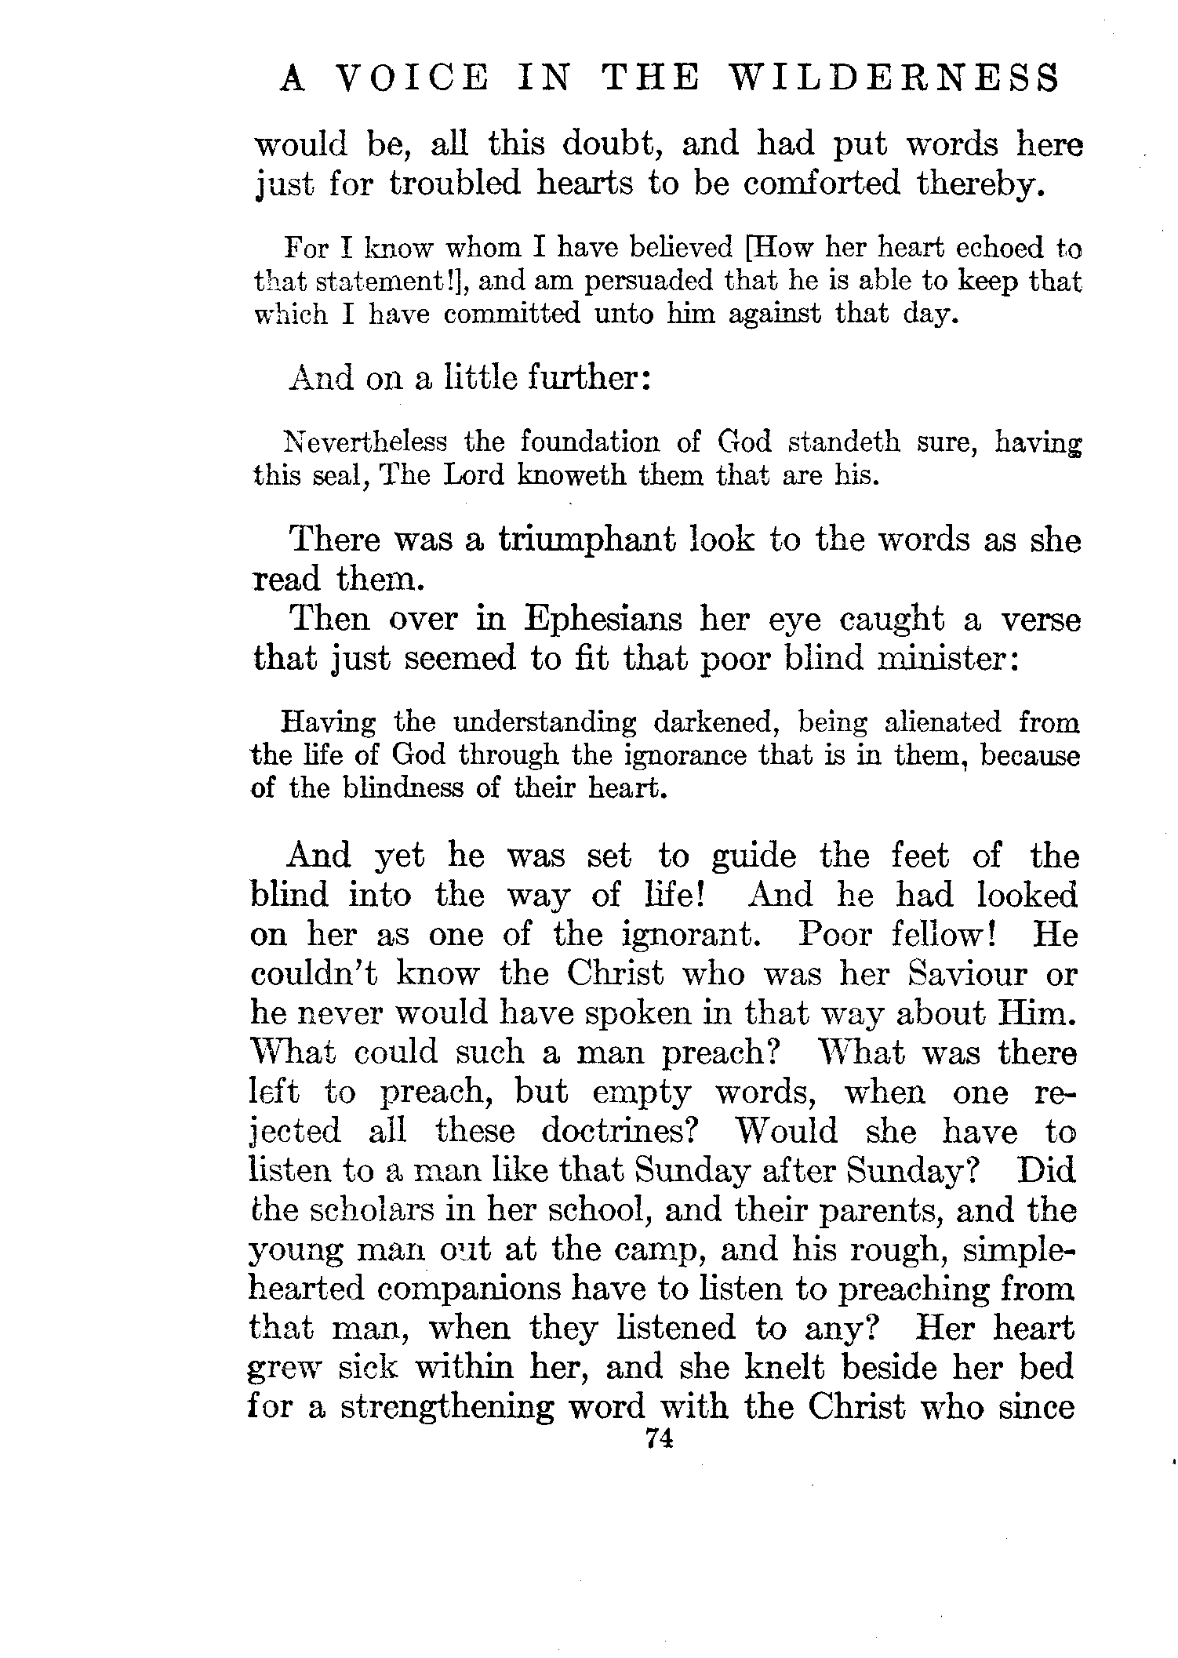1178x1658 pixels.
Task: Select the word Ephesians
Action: [603, 620]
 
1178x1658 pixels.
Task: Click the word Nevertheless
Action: [365, 442]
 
